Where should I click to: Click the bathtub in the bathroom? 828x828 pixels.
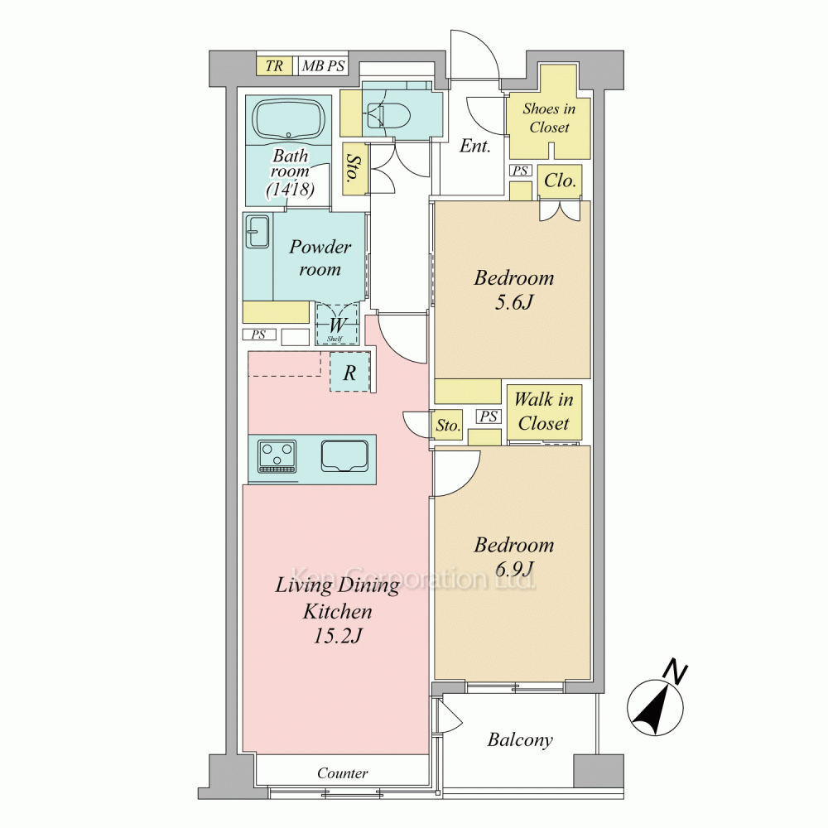pyautogui.click(x=288, y=120)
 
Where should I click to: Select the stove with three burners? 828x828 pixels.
pyautogui.click(x=277, y=457)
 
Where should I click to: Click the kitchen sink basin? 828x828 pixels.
pyautogui.click(x=344, y=456)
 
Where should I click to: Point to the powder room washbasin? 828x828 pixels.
pyautogui.click(x=258, y=231)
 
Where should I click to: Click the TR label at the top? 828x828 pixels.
pyautogui.click(x=274, y=66)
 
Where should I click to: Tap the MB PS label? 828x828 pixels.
pyautogui.click(x=323, y=66)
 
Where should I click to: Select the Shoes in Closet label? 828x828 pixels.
pyautogui.click(x=549, y=118)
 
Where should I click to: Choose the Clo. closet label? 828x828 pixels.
pyautogui.click(x=560, y=181)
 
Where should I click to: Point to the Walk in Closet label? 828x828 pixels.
pyautogui.click(x=544, y=411)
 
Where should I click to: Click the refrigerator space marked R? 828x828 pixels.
pyautogui.click(x=349, y=373)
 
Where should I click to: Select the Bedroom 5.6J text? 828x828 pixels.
pyautogui.click(x=514, y=289)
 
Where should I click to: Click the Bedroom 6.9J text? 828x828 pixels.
pyautogui.click(x=514, y=556)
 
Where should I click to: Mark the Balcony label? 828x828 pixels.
pyautogui.click(x=520, y=739)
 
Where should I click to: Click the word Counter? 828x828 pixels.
pyautogui.click(x=342, y=773)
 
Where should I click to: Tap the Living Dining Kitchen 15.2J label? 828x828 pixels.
pyautogui.click(x=338, y=610)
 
